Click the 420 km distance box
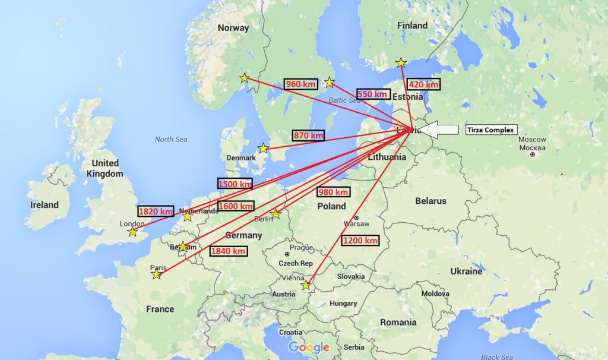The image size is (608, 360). tap(425, 84)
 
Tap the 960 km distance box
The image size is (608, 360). tap(301, 84)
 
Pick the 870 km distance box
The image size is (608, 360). tap(309, 135)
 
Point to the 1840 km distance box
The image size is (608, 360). tap(229, 251)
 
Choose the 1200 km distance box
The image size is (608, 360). tap(360, 241)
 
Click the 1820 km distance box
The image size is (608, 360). tap(156, 211)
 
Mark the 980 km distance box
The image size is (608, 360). tap(333, 192)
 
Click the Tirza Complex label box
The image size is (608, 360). tap(490, 130)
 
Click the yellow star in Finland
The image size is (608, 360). tap(401, 62)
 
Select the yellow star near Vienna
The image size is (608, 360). tap(306, 285)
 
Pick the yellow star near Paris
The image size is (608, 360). tap(156, 274)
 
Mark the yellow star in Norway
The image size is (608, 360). tap(245, 78)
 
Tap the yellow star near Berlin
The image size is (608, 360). tap(275, 213)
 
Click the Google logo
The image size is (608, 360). tap(309, 347)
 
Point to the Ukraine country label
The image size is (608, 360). tap(466, 271)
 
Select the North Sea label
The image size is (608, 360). tap(171, 139)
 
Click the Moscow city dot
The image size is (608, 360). tap(533, 154)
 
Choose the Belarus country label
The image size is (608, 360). tap(430, 201)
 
